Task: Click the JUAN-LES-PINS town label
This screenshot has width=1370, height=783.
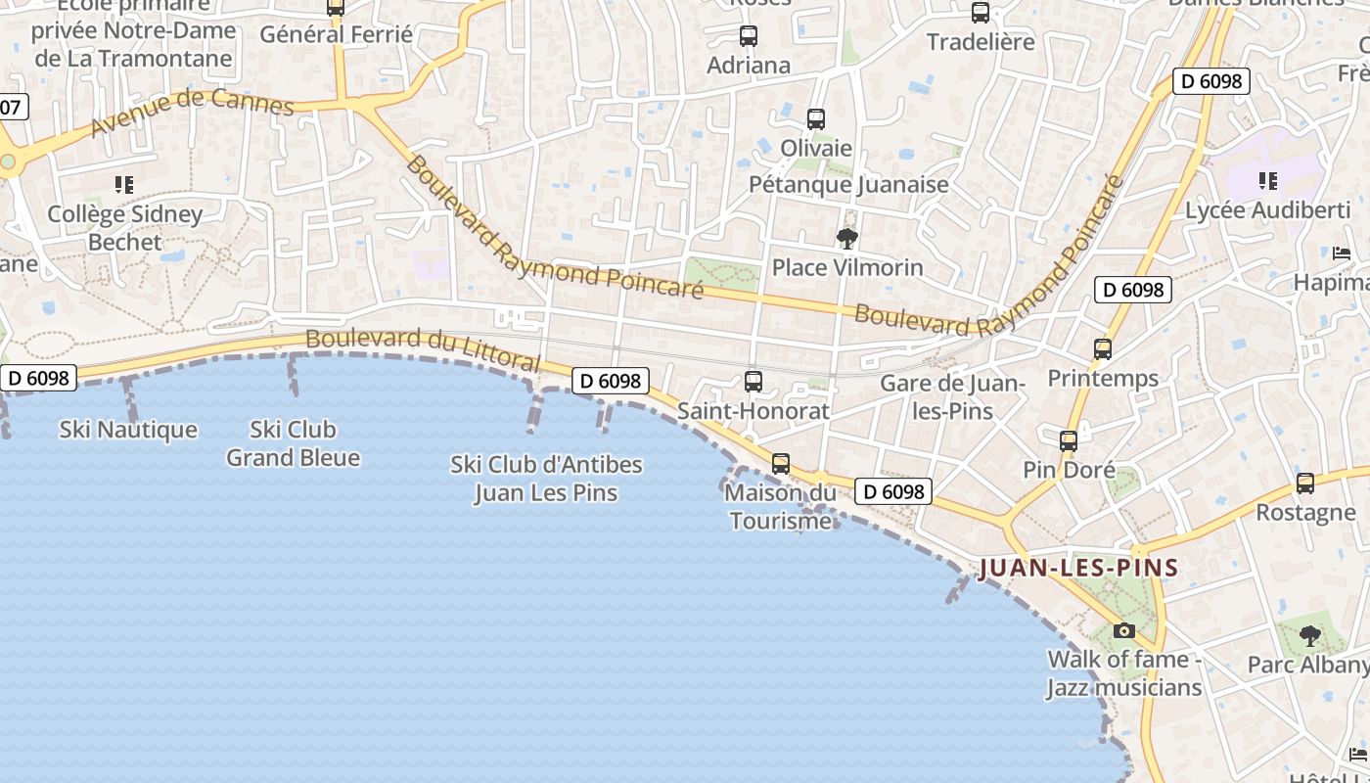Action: pos(1078,568)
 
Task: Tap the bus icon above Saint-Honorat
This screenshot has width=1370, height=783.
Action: pos(753,382)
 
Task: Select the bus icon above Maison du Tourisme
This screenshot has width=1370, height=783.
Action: pos(780,463)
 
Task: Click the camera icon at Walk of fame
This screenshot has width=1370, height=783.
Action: pos(1124,630)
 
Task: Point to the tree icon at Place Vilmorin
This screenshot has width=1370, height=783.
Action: pos(846,238)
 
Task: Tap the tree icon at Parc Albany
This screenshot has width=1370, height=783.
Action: pos(1309,636)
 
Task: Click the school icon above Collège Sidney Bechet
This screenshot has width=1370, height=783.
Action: pos(124,184)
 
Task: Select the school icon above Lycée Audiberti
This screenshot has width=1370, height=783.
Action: pos(1267,180)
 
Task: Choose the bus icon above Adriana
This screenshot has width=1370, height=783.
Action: pos(749,36)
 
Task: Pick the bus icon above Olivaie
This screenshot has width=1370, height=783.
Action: pos(816,119)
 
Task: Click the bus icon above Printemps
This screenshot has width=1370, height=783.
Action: pos(1103,349)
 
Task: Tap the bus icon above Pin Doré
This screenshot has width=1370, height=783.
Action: pos(1069,441)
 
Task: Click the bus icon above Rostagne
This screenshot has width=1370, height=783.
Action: pos(1304,484)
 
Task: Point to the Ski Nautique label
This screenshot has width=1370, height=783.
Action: pos(128,430)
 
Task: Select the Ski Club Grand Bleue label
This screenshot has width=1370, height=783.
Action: pos(293,443)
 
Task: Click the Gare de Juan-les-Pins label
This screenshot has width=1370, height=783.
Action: pos(952,396)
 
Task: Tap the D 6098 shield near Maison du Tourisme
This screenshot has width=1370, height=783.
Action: pos(892,491)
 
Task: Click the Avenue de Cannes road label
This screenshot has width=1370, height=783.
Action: pos(192,114)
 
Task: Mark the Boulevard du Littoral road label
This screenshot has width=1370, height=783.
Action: pos(422,349)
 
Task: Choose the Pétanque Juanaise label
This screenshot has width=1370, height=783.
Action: pos(848,184)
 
